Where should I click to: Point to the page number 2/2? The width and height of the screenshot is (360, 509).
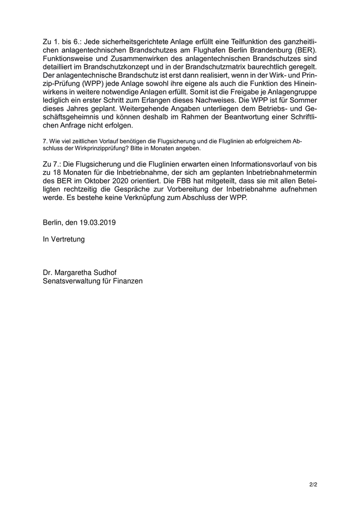(x=313, y=484)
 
